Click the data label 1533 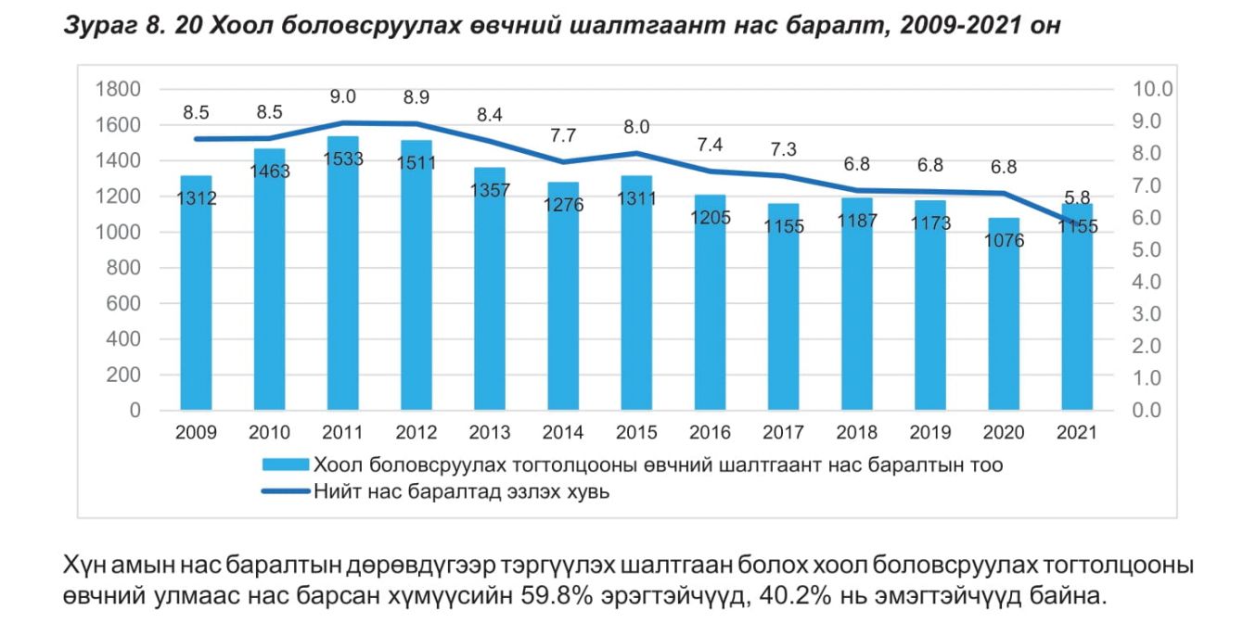pyautogui.click(x=343, y=159)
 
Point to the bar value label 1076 pyautogui.click(x=1004, y=240)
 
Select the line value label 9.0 pyautogui.click(x=342, y=96)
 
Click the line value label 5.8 pyautogui.click(x=1077, y=197)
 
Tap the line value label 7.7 pyautogui.click(x=563, y=135)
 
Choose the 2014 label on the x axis pyautogui.click(x=563, y=433)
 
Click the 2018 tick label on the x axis pyautogui.click(x=856, y=433)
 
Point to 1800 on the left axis pyautogui.click(x=117, y=89)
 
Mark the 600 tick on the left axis pyautogui.click(x=122, y=303)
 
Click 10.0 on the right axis pyautogui.click(x=1153, y=89)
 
